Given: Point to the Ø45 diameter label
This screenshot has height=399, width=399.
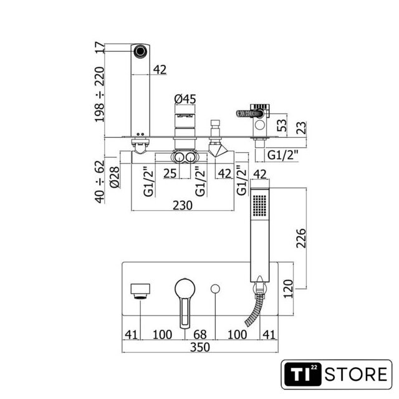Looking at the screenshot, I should (185, 98).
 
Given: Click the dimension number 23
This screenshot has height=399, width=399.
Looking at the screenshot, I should (302, 127).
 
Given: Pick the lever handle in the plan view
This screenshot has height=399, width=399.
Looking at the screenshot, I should (185, 299).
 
